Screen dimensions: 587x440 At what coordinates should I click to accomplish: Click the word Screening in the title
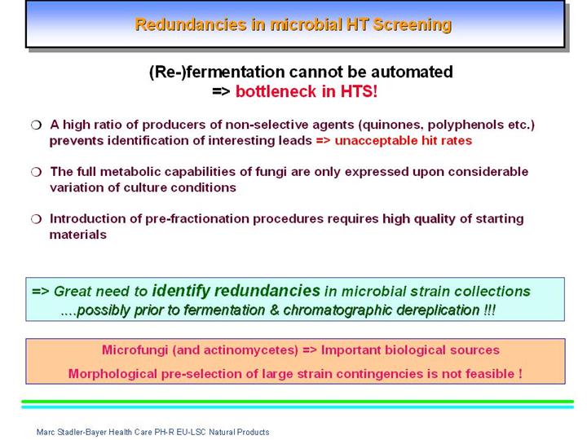(413, 25)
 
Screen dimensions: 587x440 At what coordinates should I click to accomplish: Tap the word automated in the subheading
(413, 72)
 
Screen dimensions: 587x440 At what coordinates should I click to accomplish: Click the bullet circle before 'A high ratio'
(37, 125)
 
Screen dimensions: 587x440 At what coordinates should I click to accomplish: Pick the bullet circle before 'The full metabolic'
(37, 172)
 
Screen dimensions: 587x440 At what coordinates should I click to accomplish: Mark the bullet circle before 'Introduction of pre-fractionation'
(37, 219)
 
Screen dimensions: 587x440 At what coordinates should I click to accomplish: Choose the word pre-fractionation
(197, 219)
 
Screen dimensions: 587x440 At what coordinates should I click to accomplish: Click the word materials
(78, 235)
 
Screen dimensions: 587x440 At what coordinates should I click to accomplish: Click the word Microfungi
(135, 350)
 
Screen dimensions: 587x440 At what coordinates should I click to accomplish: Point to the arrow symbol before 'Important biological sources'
(310, 350)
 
